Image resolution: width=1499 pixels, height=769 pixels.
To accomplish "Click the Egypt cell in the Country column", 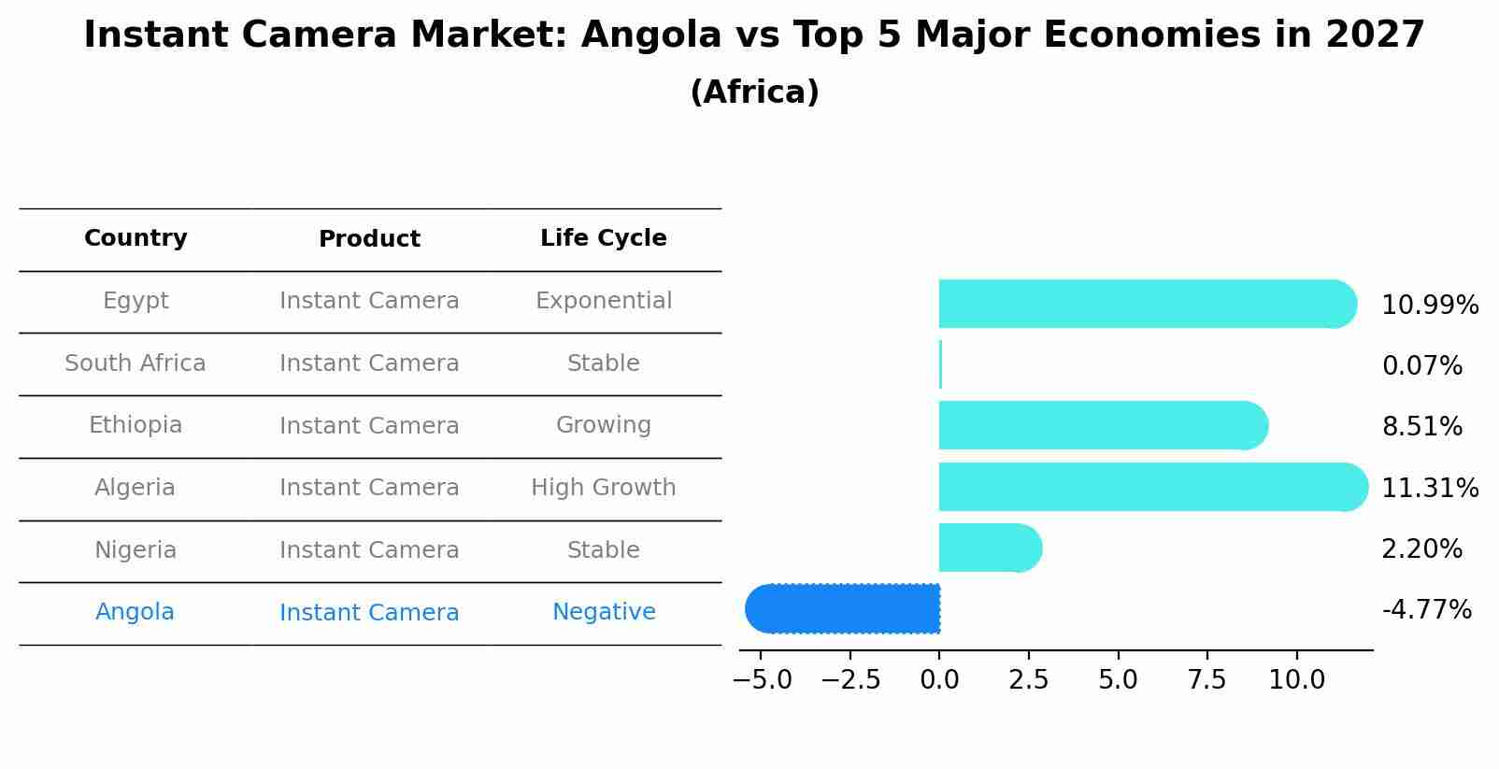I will click(x=136, y=301).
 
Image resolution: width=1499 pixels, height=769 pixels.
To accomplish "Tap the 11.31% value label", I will click(x=1429, y=488).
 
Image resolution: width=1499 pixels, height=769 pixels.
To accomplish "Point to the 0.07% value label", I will click(x=1421, y=365).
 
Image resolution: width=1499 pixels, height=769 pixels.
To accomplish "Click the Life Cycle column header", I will click(x=603, y=238).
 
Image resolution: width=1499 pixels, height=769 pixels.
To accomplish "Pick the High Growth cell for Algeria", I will click(x=603, y=488).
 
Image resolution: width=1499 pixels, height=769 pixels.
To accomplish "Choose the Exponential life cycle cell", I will click(x=603, y=301).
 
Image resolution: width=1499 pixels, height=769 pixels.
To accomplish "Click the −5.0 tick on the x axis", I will click(x=763, y=680).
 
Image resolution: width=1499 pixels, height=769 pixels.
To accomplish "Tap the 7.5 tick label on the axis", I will click(x=1206, y=680).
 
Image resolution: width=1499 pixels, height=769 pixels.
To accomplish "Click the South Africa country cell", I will click(x=136, y=363).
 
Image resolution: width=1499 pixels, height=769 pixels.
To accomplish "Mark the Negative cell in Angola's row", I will click(x=603, y=612).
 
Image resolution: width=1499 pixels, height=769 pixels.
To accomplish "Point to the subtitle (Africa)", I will click(x=754, y=93).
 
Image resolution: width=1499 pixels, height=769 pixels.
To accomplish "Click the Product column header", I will click(x=369, y=239).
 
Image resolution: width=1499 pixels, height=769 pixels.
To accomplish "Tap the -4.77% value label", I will click(x=1426, y=610).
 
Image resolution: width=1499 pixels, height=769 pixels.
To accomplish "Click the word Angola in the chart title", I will click(x=651, y=36).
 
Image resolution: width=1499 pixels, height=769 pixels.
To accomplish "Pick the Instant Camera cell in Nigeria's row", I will click(x=369, y=550).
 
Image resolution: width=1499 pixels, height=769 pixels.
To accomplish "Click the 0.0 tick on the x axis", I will click(x=939, y=680).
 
